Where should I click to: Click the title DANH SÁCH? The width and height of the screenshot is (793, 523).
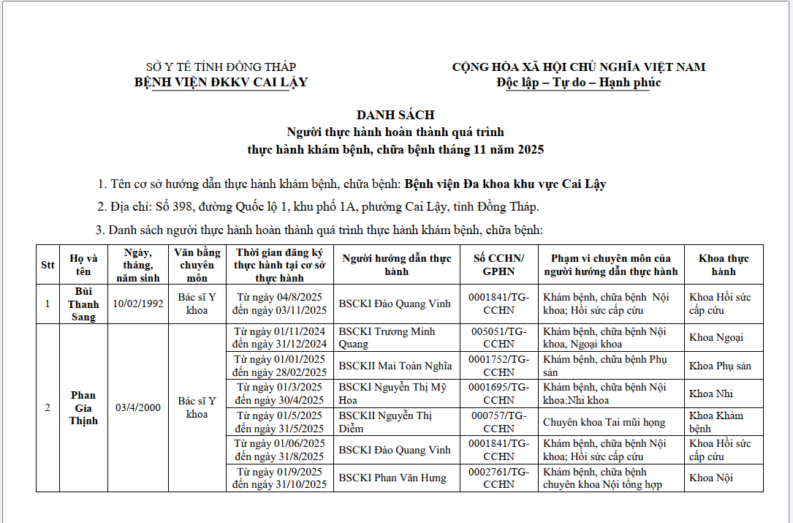pos(395,115)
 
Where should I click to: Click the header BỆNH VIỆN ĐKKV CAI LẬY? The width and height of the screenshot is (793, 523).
pos(221,82)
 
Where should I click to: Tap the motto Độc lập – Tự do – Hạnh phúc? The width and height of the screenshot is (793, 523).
pos(578,82)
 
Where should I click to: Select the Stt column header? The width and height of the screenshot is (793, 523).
pos(48,265)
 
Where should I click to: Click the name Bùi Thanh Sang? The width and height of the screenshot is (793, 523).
pos(83,304)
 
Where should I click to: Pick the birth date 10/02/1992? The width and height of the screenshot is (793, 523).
pos(139,304)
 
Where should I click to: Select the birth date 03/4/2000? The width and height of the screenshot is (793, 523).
pos(139,407)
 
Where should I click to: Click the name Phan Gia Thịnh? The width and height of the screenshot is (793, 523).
pos(83,407)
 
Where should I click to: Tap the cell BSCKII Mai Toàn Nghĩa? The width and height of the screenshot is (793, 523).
pos(395,366)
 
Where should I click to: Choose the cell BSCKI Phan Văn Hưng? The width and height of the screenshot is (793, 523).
pos(392,478)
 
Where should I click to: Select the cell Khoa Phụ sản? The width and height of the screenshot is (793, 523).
pos(720,366)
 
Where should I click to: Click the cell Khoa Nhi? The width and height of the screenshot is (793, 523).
pos(711,394)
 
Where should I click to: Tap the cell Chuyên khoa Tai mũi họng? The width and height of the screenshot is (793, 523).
pos(604,422)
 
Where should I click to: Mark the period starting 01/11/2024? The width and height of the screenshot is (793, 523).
pos(280,338)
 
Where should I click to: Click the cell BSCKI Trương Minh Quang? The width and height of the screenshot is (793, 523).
pos(387,338)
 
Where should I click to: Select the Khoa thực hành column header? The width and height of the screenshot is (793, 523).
pos(724,265)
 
